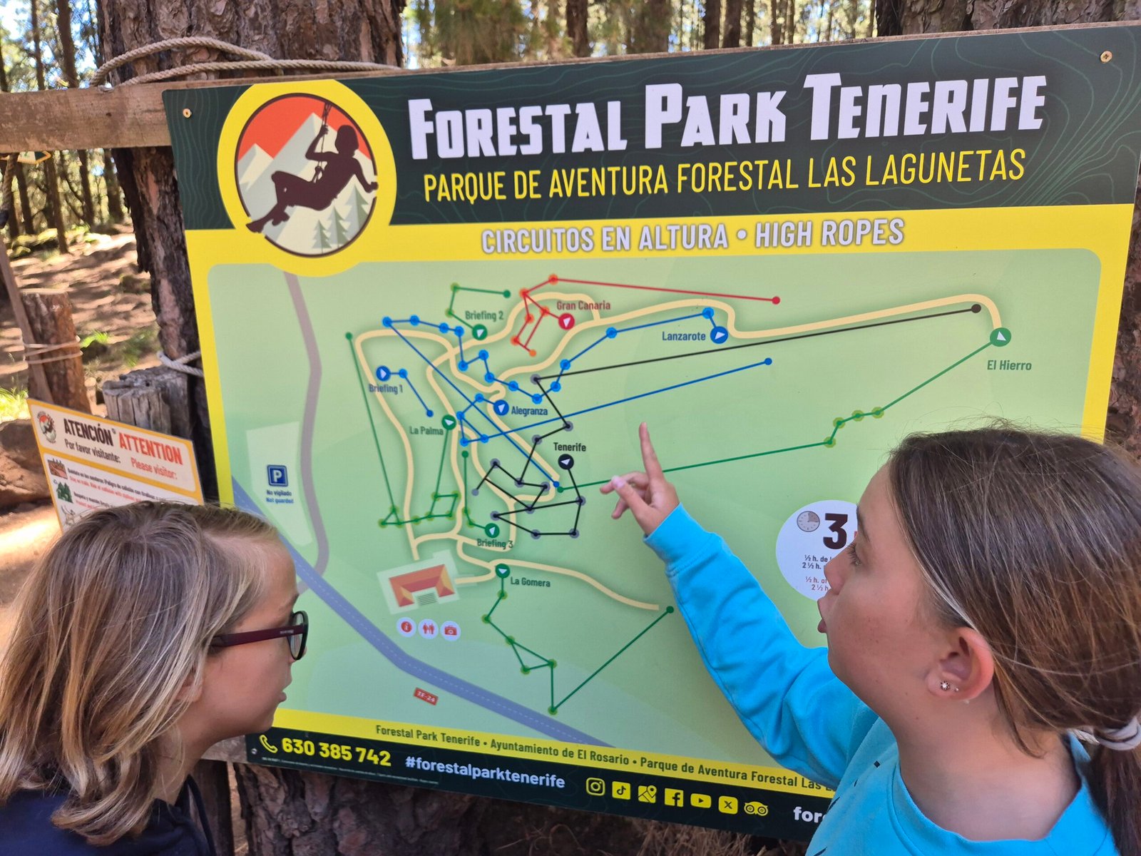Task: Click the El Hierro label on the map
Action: point(1009,366)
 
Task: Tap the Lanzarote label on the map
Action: point(683,336)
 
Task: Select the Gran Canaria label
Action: point(583,306)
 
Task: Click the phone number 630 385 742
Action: point(335,750)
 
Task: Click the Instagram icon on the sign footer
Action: point(595,786)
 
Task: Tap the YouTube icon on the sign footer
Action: point(700,800)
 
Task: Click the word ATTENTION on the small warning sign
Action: point(150,450)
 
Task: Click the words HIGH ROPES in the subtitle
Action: point(829,233)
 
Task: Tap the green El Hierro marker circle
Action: point(1001,337)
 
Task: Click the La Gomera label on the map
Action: point(530,582)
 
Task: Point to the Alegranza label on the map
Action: point(529,411)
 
